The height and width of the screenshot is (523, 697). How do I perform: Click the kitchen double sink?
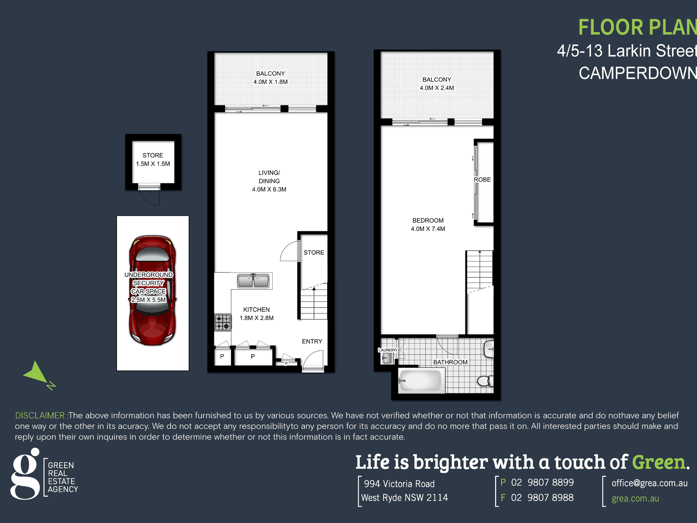pos(253,281)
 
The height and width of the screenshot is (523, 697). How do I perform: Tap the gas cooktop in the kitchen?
pos(223,323)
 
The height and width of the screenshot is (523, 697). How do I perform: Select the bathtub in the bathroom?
pos(420,381)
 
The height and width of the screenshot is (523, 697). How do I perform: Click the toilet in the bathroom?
pos(485,381)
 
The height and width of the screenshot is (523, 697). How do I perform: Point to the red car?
pos(152,290)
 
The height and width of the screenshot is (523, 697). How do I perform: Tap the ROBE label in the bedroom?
pos(482,179)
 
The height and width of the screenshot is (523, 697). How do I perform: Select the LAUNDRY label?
pos(388,350)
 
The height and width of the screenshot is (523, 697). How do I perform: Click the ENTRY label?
pos(312,341)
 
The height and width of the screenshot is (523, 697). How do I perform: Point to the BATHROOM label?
pos(450,362)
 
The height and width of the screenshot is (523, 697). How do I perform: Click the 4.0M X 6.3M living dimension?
pos(269,189)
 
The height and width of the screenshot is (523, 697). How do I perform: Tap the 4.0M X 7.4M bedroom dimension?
pos(428,229)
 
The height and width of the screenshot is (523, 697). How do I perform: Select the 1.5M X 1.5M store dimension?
pos(153,164)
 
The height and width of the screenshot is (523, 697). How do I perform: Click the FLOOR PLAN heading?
pos(638,28)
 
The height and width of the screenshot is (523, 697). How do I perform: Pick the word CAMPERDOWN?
pos(638,73)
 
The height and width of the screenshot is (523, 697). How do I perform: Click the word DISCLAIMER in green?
pos(40,415)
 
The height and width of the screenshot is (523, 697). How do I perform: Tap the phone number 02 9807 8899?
pos(542,483)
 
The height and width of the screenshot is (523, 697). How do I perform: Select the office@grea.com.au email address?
pos(649,483)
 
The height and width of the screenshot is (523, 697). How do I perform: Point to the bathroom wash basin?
pos(489,349)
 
